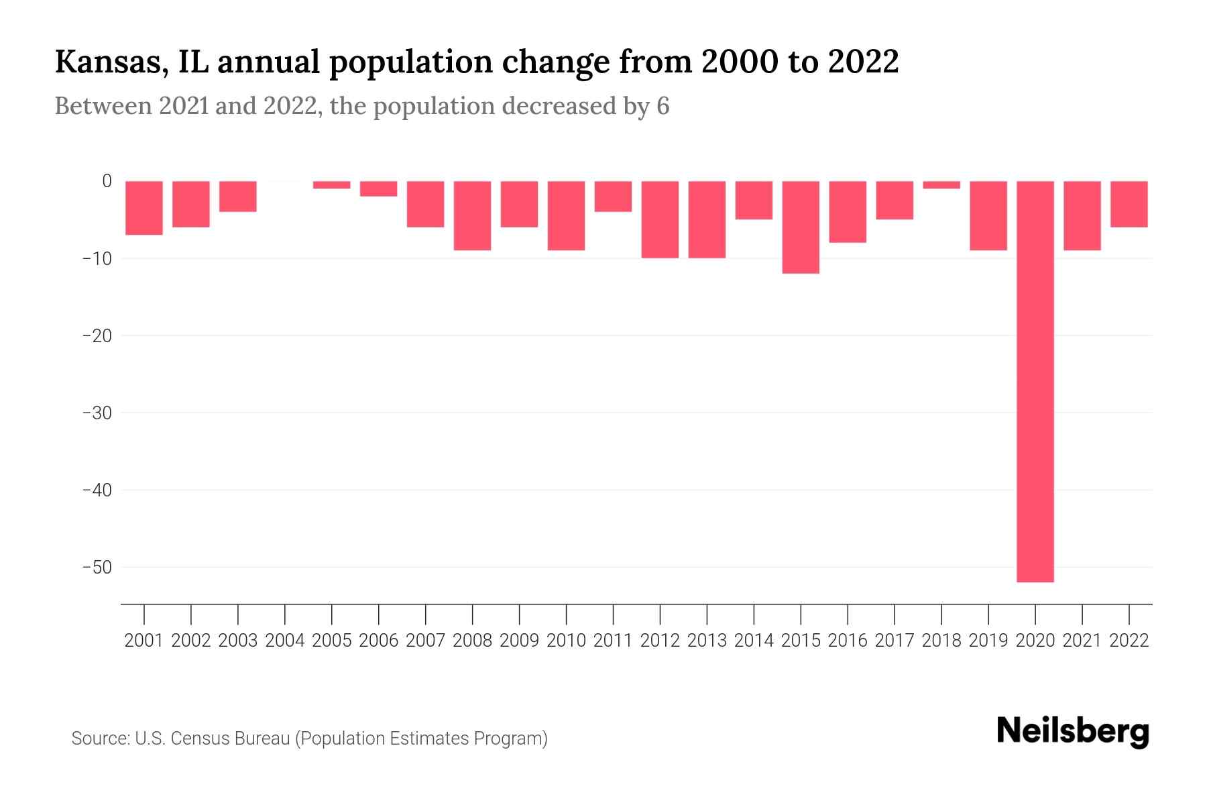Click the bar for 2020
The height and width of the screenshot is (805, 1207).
[1035, 381]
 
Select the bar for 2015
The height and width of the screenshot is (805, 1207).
[801, 227]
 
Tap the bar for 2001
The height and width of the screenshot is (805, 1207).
[144, 208]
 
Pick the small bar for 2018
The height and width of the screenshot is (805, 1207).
[941, 185]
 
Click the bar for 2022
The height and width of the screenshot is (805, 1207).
[1129, 204]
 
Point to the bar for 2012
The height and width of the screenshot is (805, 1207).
[660, 219]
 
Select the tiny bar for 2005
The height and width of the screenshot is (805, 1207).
[332, 185]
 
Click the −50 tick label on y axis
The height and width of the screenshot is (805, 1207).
[97, 568]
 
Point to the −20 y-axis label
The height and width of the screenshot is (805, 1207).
[97, 335]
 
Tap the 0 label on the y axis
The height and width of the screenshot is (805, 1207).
[107, 181]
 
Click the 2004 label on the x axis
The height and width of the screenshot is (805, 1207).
[285, 641]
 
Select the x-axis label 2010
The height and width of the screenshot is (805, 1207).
[566, 641]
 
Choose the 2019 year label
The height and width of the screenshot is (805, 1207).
[988, 641]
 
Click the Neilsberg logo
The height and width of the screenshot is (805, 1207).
[1073, 731]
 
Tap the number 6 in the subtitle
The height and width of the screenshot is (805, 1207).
[663, 107]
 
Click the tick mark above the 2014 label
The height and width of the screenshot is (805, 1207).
[754, 613]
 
